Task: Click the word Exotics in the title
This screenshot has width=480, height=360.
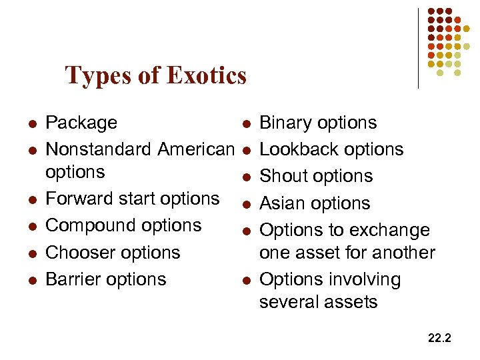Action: click(x=207, y=75)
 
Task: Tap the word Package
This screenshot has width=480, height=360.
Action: click(x=81, y=123)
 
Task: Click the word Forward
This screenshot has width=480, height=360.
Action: click(x=77, y=199)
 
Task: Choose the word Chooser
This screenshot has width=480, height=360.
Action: click(x=79, y=253)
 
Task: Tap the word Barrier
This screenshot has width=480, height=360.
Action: click(x=73, y=279)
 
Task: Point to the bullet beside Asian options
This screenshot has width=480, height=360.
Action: click(x=246, y=204)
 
